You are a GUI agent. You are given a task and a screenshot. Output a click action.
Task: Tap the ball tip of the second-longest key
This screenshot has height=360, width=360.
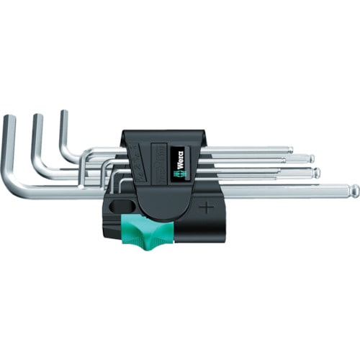tap(316, 172)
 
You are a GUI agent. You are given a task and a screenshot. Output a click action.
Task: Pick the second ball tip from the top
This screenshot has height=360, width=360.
tap(310, 158)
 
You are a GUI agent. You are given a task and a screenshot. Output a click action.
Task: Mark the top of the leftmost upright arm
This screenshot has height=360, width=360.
tap(9, 117)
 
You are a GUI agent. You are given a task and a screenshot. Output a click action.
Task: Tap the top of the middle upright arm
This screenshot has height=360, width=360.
tap(37, 116)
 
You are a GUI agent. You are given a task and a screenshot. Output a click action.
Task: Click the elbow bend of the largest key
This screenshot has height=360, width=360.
tap(16, 189)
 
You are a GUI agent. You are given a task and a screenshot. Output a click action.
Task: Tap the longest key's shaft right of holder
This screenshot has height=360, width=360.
tap(288, 191)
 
